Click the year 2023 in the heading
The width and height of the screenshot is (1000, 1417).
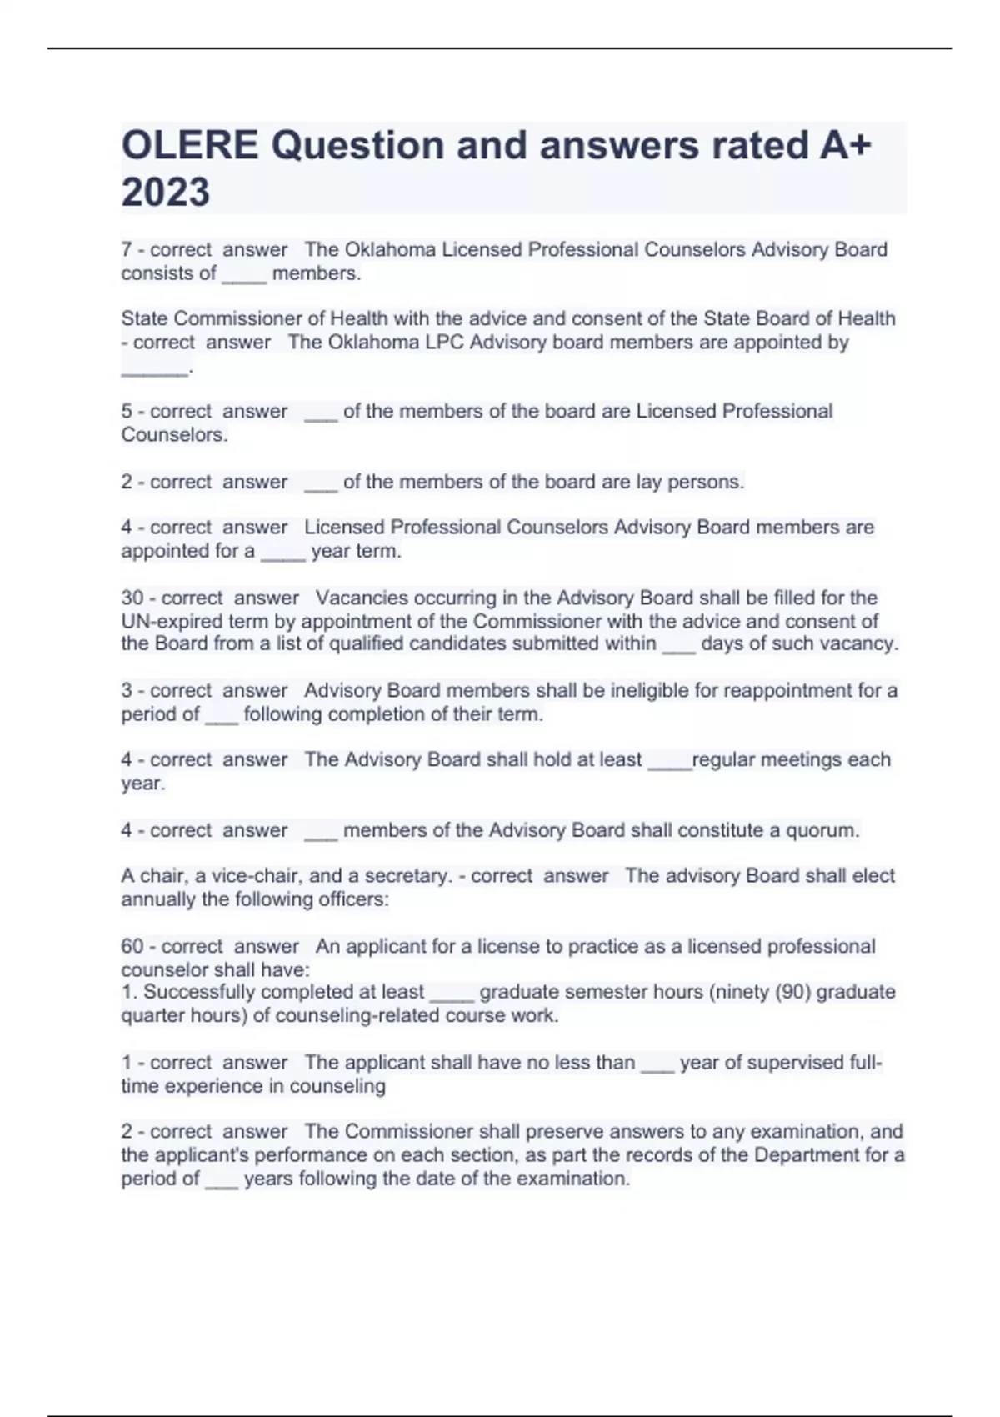coord(165,193)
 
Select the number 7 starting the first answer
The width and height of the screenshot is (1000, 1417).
coord(127,250)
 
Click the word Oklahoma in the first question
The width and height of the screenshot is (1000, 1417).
coord(390,250)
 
